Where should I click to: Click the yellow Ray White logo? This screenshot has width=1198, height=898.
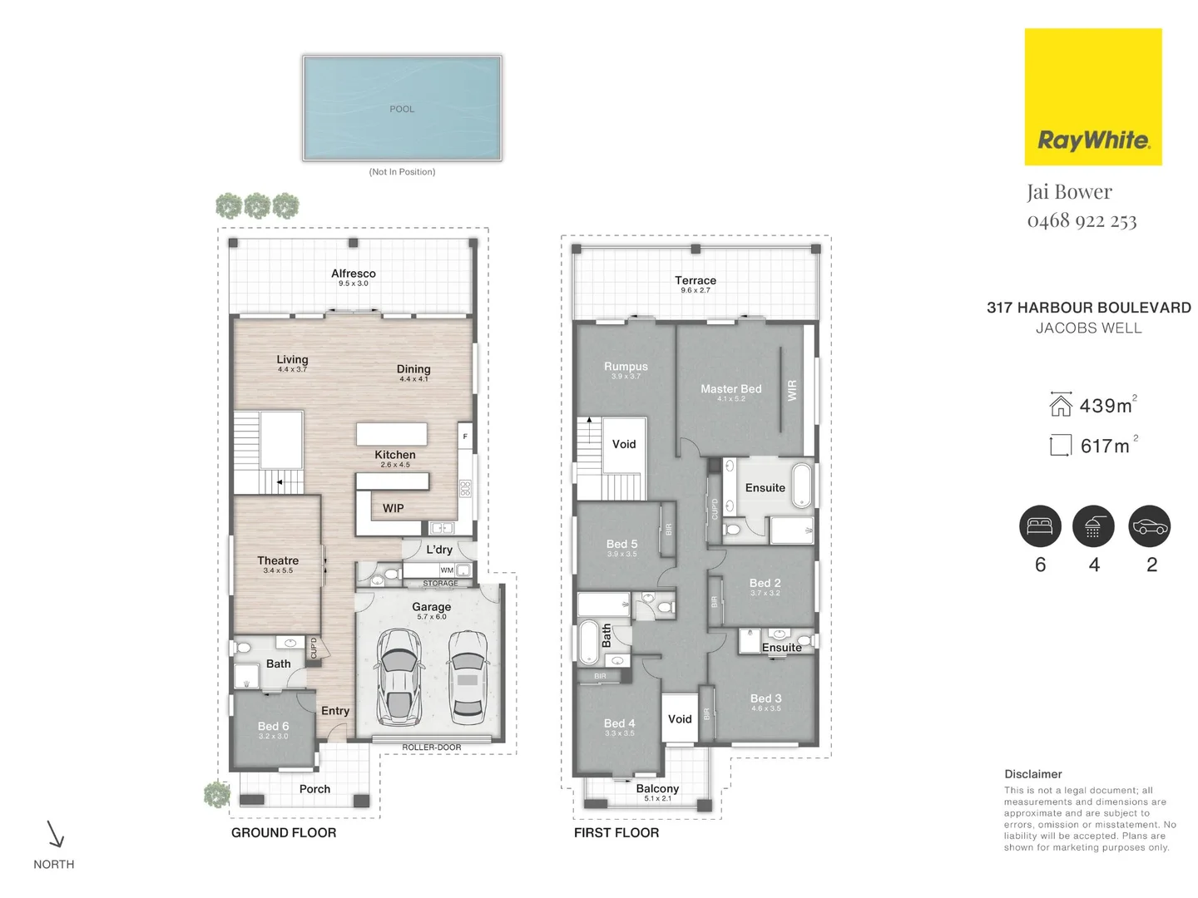click(x=1092, y=97)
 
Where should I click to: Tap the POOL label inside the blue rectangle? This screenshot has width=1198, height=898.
click(x=402, y=109)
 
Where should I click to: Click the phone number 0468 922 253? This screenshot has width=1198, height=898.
click(x=1082, y=220)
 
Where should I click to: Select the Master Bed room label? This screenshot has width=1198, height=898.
click(x=730, y=389)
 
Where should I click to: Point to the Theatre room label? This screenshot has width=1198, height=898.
click(x=278, y=561)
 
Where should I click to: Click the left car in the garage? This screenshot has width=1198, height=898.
click(x=398, y=676)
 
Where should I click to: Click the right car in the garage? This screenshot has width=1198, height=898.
click(x=468, y=676)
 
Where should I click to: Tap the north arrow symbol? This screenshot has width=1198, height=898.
click(x=55, y=834)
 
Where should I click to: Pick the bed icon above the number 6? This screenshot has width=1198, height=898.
click(x=1040, y=526)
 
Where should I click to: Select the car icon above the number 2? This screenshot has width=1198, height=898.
click(x=1149, y=526)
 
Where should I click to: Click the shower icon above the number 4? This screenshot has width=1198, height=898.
click(x=1093, y=526)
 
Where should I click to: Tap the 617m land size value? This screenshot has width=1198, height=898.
click(x=1105, y=447)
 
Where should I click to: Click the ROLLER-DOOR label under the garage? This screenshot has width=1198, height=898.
click(x=431, y=748)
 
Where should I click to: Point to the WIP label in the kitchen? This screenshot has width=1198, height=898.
click(x=393, y=508)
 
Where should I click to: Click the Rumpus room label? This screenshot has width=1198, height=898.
click(x=626, y=367)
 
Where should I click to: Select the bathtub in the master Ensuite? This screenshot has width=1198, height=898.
click(x=801, y=486)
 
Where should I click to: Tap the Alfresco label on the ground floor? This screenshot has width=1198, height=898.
click(x=354, y=274)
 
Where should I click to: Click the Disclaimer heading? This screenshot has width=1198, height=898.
click(x=1032, y=774)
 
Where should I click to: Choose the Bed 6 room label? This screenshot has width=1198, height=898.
click(x=273, y=727)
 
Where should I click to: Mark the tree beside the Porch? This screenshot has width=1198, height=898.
click(x=217, y=794)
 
